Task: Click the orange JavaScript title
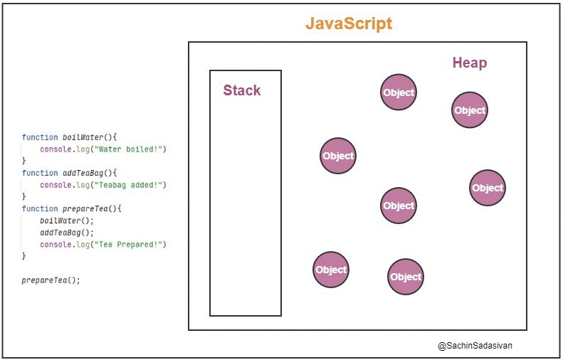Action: click(349, 23)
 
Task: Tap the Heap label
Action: click(470, 63)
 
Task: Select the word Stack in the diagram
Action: click(242, 90)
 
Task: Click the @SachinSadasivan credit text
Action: click(475, 346)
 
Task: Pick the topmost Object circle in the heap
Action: click(398, 92)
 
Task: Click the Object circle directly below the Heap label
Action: click(470, 110)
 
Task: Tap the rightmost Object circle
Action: click(488, 188)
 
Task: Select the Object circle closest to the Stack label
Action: click(338, 156)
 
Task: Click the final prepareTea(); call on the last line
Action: click(51, 280)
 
